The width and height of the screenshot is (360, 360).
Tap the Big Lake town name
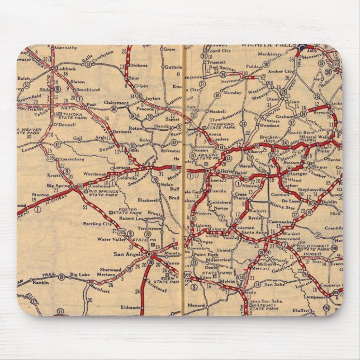pos(79,274)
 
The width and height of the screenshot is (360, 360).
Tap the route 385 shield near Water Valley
pos(122,232)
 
